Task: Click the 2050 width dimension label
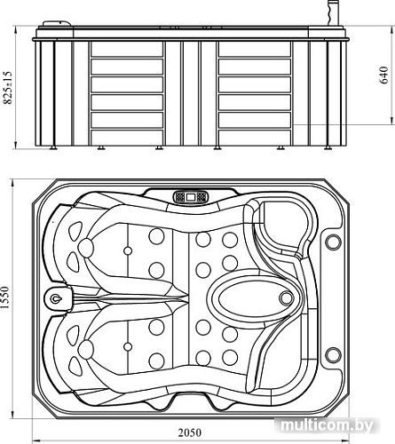tap(189, 432)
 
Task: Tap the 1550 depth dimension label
tap(6, 297)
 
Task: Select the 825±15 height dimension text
tap(8, 88)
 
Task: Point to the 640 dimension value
tap(383, 75)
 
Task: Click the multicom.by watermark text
tap(328, 425)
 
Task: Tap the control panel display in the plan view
tap(191, 197)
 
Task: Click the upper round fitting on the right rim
tap(333, 242)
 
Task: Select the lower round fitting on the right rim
tap(333, 355)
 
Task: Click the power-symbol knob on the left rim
tap(55, 298)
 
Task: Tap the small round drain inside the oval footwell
tap(286, 298)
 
